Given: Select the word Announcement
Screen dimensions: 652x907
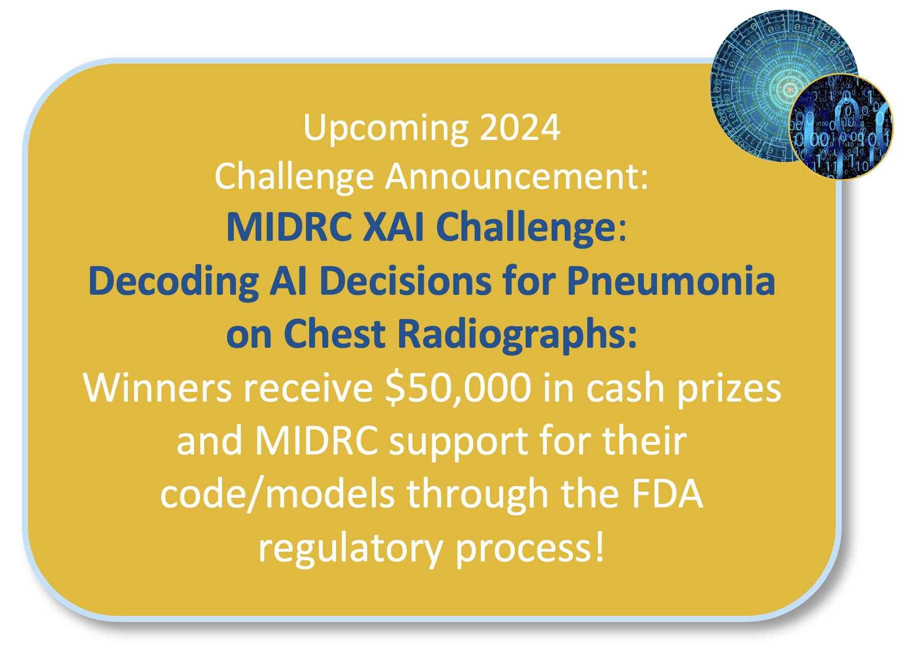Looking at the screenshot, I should pos(516,177).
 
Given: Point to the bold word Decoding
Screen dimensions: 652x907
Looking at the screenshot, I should pos(173,281).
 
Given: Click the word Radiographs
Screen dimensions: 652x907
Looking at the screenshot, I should pos(516,334).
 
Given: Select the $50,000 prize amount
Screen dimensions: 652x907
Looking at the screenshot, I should pos(458,388).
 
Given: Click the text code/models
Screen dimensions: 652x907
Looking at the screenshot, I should pos(278,494).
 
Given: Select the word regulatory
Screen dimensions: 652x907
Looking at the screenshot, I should pos(350,549).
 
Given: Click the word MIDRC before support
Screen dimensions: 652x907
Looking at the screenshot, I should pos(316,441).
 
